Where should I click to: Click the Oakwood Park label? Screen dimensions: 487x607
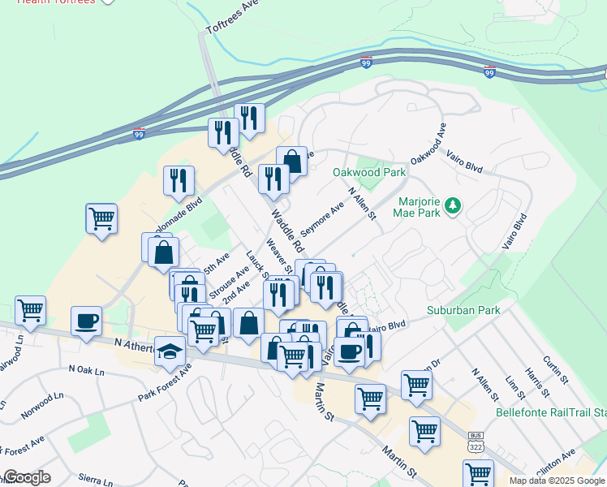point(368,173)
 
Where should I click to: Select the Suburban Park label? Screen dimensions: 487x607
point(464,310)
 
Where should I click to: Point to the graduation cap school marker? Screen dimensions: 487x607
point(170,351)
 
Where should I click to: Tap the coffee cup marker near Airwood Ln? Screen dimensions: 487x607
point(87,321)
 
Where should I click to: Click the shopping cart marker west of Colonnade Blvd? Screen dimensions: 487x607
point(101,218)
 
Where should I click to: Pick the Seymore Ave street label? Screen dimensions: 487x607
point(322,216)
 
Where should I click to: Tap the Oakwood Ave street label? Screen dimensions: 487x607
point(429,144)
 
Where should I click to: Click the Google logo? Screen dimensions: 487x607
point(26,477)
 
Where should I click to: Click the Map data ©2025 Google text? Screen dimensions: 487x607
point(557,481)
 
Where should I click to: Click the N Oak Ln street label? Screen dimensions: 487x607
point(87,370)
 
